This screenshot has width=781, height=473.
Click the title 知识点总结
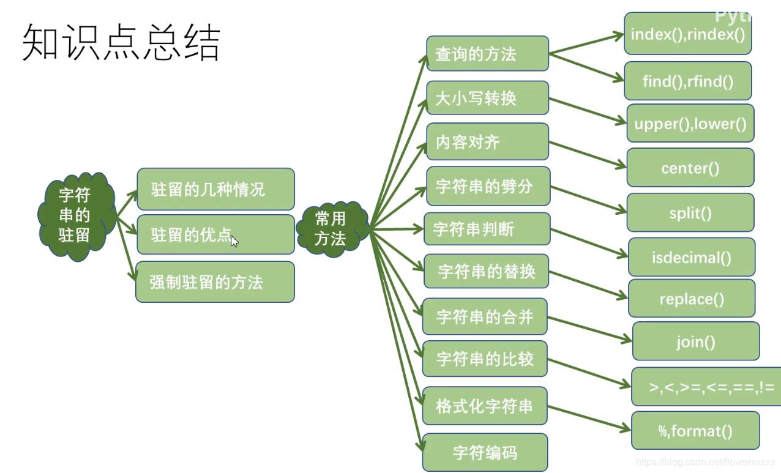pos(121,43)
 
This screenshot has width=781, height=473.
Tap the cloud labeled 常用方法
pos(331,229)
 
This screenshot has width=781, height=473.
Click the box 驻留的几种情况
pos(215,189)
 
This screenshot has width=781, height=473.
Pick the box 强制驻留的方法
pos(215,282)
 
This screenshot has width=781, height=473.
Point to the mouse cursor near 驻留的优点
pos(234,240)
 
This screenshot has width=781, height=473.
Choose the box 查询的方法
pos(487,54)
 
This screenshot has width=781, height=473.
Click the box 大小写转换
pos(487,98)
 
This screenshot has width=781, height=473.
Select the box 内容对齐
pos(487,143)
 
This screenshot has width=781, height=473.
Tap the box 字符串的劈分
pos(488,187)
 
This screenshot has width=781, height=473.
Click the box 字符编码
pos(485,453)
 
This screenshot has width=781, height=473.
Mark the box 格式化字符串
pos(484,406)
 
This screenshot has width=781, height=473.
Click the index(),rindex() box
pos(687,34)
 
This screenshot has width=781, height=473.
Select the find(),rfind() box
pos(687,81)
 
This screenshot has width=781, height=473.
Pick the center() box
pos(690,168)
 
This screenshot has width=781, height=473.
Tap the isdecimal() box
pos(691,258)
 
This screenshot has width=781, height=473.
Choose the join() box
pos(695,341)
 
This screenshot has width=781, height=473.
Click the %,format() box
pos(695,431)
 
